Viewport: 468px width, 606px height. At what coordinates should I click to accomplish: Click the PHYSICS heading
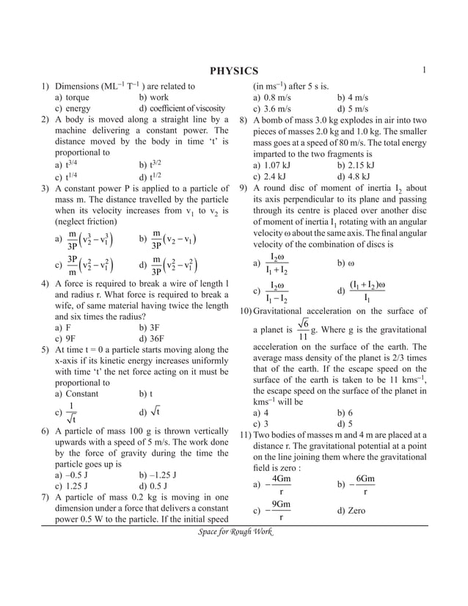pyautogui.click(x=234, y=70)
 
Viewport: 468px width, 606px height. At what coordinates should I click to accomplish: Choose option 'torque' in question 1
pyautogui.click(x=73, y=97)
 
